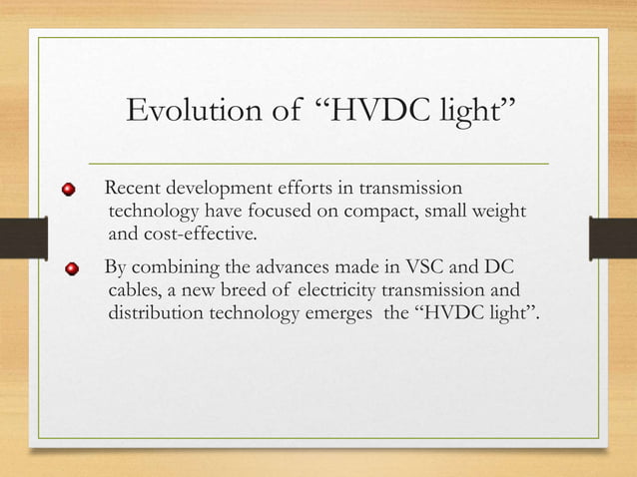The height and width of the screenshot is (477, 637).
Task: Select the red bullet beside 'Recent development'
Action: tap(69, 191)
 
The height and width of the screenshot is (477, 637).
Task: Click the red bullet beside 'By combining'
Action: tap(72, 269)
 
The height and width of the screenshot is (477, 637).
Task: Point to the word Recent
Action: tap(134, 189)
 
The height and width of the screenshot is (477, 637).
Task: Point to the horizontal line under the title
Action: tap(318, 162)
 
